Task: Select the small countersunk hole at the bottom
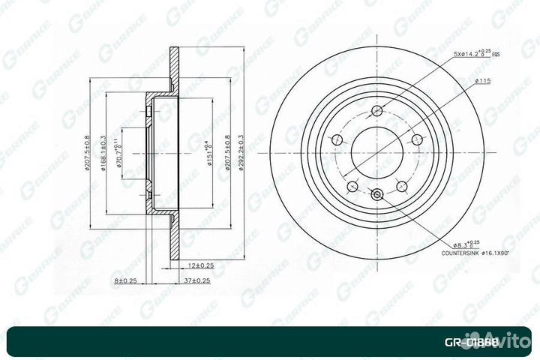[x=376, y=196]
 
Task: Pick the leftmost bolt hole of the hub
[x=338, y=139]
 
